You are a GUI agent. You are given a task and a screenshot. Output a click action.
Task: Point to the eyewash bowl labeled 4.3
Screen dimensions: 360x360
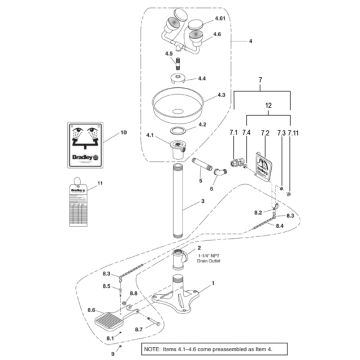point(177,102)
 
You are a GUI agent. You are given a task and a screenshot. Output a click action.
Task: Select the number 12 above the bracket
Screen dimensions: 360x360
point(265,106)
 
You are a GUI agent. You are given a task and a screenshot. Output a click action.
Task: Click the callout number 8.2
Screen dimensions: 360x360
point(258,214)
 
